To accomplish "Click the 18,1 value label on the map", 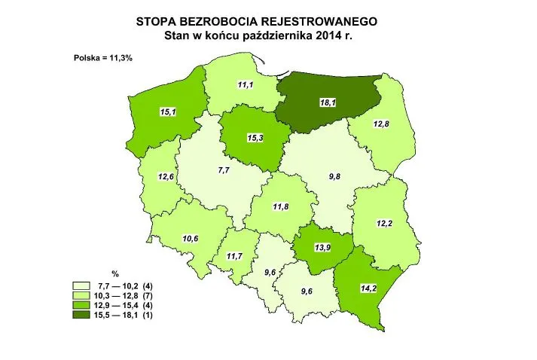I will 328,102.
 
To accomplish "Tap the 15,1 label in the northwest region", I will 169,112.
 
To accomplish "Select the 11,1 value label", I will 246,84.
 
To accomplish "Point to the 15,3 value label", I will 255,139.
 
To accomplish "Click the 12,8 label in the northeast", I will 380,124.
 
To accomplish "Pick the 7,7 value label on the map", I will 224,171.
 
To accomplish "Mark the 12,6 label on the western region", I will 166,177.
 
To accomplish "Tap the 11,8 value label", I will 281,206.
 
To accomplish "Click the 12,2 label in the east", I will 385,223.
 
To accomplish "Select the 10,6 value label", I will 191,239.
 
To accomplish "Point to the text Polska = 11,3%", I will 103,58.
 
